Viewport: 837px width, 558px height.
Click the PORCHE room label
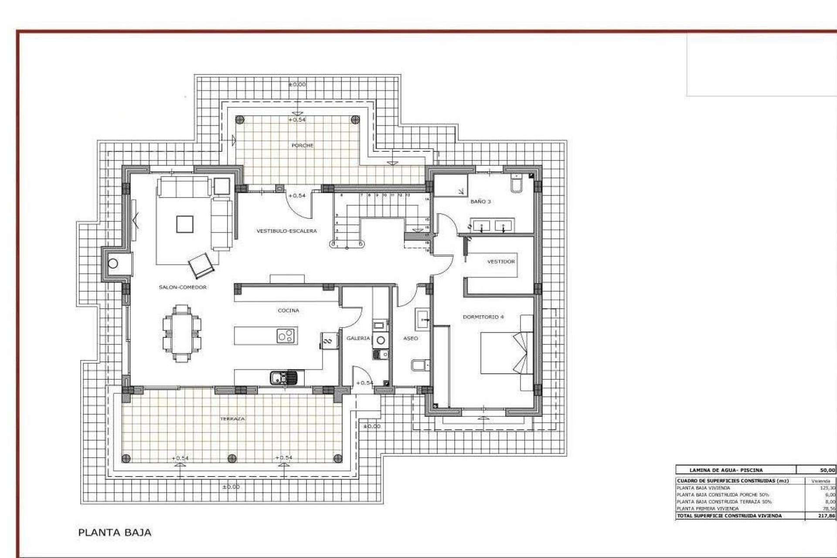pos(302,145)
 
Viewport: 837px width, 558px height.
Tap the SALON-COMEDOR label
pos(182,287)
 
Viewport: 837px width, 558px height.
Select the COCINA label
pos(288,310)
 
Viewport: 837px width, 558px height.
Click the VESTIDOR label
pos(501,262)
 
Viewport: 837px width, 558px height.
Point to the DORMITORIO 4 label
pos(483,317)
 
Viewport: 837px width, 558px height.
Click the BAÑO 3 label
pos(480,201)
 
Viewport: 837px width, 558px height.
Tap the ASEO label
pos(410,338)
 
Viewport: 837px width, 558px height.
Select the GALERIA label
pos(358,338)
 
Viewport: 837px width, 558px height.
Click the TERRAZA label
pos(232,418)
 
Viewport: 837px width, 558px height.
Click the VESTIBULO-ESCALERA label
pos(286,231)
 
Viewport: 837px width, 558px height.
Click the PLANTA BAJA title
pos(115,532)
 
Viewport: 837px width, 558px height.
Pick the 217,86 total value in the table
pos(827,516)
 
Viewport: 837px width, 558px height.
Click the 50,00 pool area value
pos(827,470)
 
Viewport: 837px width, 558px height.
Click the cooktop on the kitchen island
pos(286,336)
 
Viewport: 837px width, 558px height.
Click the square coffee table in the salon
pos(184,224)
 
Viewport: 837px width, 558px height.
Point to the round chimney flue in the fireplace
pos(113,263)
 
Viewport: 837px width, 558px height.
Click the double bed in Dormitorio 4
pos(506,353)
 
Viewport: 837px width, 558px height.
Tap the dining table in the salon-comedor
pos(182,333)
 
